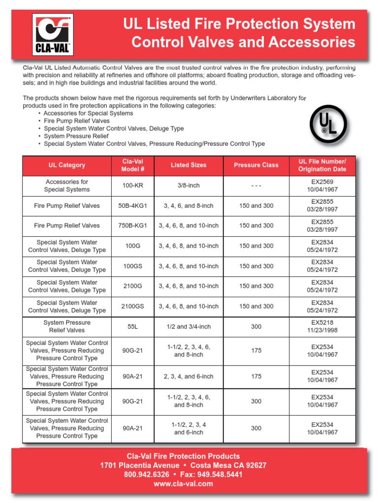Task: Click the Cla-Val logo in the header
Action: click(x=53, y=34)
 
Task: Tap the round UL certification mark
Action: click(x=328, y=124)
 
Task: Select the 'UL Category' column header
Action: click(x=67, y=166)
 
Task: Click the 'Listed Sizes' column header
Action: click(x=189, y=166)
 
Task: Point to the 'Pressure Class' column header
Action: click(x=256, y=166)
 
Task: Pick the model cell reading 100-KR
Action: click(x=132, y=186)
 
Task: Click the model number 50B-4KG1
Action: click(x=132, y=206)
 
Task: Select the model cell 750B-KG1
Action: click(x=132, y=226)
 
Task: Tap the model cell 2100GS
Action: click(x=132, y=307)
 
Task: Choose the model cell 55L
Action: click(x=132, y=327)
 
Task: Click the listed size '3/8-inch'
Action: click(x=189, y=186)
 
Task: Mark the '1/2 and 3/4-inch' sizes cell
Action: click(x=189, y=327)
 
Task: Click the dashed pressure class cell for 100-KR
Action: click(x=256, y=186)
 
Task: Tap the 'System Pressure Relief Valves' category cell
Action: click(x=67, y=327)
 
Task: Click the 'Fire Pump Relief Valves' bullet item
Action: click(x=76, y=121)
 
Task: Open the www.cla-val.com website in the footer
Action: click(x=183, y=484)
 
